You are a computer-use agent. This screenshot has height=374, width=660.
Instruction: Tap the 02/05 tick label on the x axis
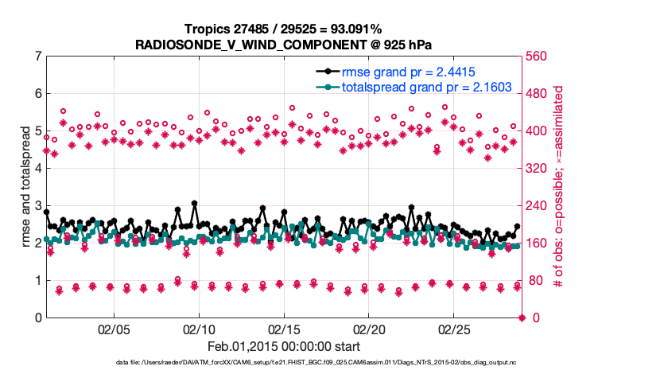pyautogui.click(x=114, y=329)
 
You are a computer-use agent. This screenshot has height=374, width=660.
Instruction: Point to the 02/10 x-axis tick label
pyautogui.click(x=199, y=329)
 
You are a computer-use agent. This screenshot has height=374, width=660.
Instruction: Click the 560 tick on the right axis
pyautogui.click(x=538, y=56)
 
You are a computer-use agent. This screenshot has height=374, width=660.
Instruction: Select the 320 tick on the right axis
pyautogui.click(x=538, y=169)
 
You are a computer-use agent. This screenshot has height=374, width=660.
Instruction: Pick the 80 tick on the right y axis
pyautogui.click(x=535, y=281)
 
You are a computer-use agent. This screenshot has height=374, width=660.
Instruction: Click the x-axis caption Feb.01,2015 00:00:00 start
pyautogui.click(x=283, y=346)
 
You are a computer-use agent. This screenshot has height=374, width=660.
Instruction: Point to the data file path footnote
pyautogui.click(x=283, y=362)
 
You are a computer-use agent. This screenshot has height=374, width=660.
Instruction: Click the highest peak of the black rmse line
pyautogui.click(x=194, y=204)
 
